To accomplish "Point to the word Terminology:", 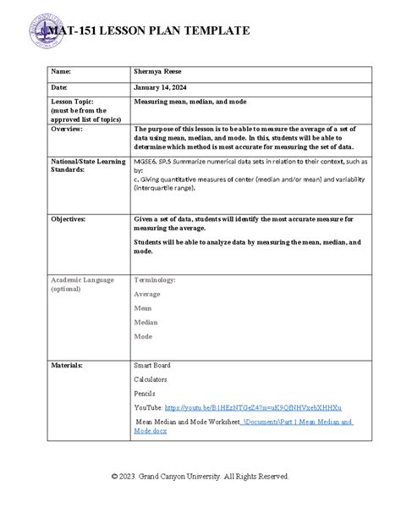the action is [x=155, y=279].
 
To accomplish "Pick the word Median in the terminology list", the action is [x=146, y=322].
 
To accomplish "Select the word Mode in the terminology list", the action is [x=143, y=336].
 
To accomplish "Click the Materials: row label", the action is [x=67, y=366].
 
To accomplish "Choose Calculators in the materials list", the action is [x=151, y=380].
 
